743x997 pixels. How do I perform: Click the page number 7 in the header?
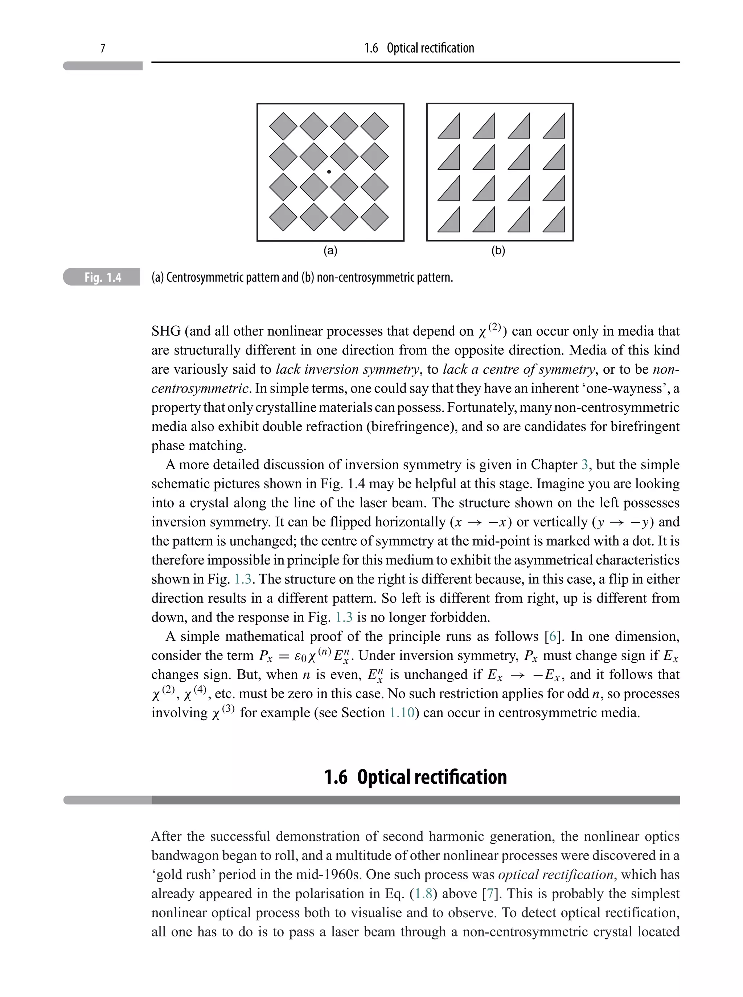[103, 48]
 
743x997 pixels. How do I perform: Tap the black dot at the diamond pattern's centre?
[329, 172]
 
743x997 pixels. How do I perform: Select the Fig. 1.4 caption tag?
[103, 278]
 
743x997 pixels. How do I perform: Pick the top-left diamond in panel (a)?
[283, 126]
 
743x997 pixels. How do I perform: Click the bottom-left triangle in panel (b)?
[451, 222]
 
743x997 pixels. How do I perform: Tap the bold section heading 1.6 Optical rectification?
[415, 777]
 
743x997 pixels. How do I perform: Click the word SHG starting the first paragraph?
[165, 332]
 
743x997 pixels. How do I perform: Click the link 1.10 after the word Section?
[401, 713]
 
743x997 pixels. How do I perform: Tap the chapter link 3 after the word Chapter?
[584, 464]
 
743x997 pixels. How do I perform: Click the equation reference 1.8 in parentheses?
[423, 894]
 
